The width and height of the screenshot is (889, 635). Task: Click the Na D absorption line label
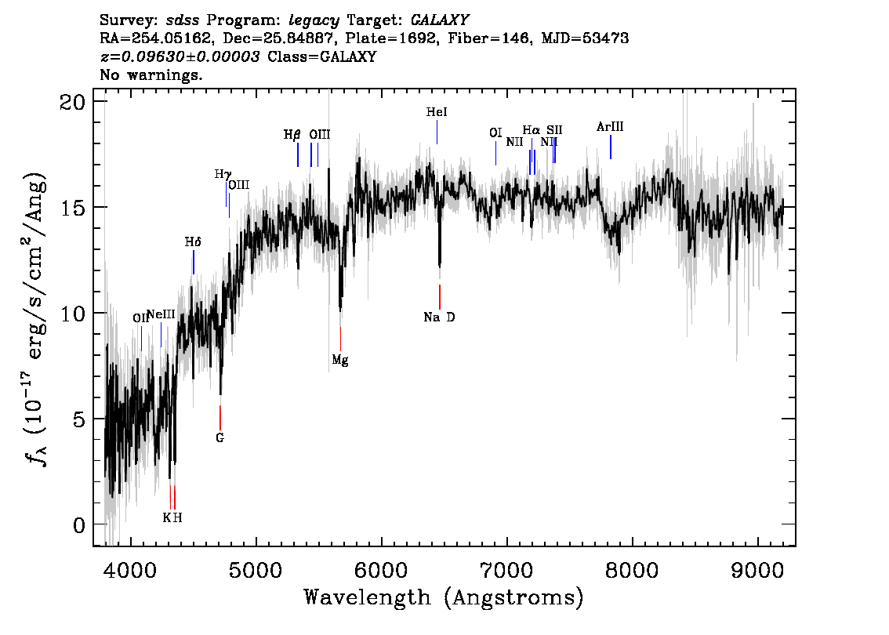[439, 317]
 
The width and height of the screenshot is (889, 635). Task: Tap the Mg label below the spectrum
[340, 360]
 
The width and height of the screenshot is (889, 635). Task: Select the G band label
[220, 437]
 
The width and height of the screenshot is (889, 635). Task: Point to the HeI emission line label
[437, 112]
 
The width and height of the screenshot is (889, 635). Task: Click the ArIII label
[610, 126]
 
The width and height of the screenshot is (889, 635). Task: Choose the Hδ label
[193, 242]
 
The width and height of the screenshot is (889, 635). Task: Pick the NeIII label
[161, 314]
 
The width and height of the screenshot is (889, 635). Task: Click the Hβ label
[292, 135]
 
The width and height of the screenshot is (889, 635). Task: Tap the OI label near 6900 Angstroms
[495, 132]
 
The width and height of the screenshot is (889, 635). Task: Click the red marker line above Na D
[439, 297]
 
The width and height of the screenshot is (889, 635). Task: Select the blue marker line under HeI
[437, 132]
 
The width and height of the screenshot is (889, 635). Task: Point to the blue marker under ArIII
[611, 147]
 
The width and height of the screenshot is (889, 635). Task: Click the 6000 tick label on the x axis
[381, 570]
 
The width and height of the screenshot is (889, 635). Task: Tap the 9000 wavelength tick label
[757, 570]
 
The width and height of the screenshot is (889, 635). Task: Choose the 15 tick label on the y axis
[73, 207]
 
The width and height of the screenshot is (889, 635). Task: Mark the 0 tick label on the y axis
[79, 525]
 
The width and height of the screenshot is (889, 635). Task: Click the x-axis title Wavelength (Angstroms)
[444, 597]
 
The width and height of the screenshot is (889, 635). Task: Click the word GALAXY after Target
[440, 20]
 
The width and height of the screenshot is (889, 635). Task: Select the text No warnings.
[151, 74]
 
